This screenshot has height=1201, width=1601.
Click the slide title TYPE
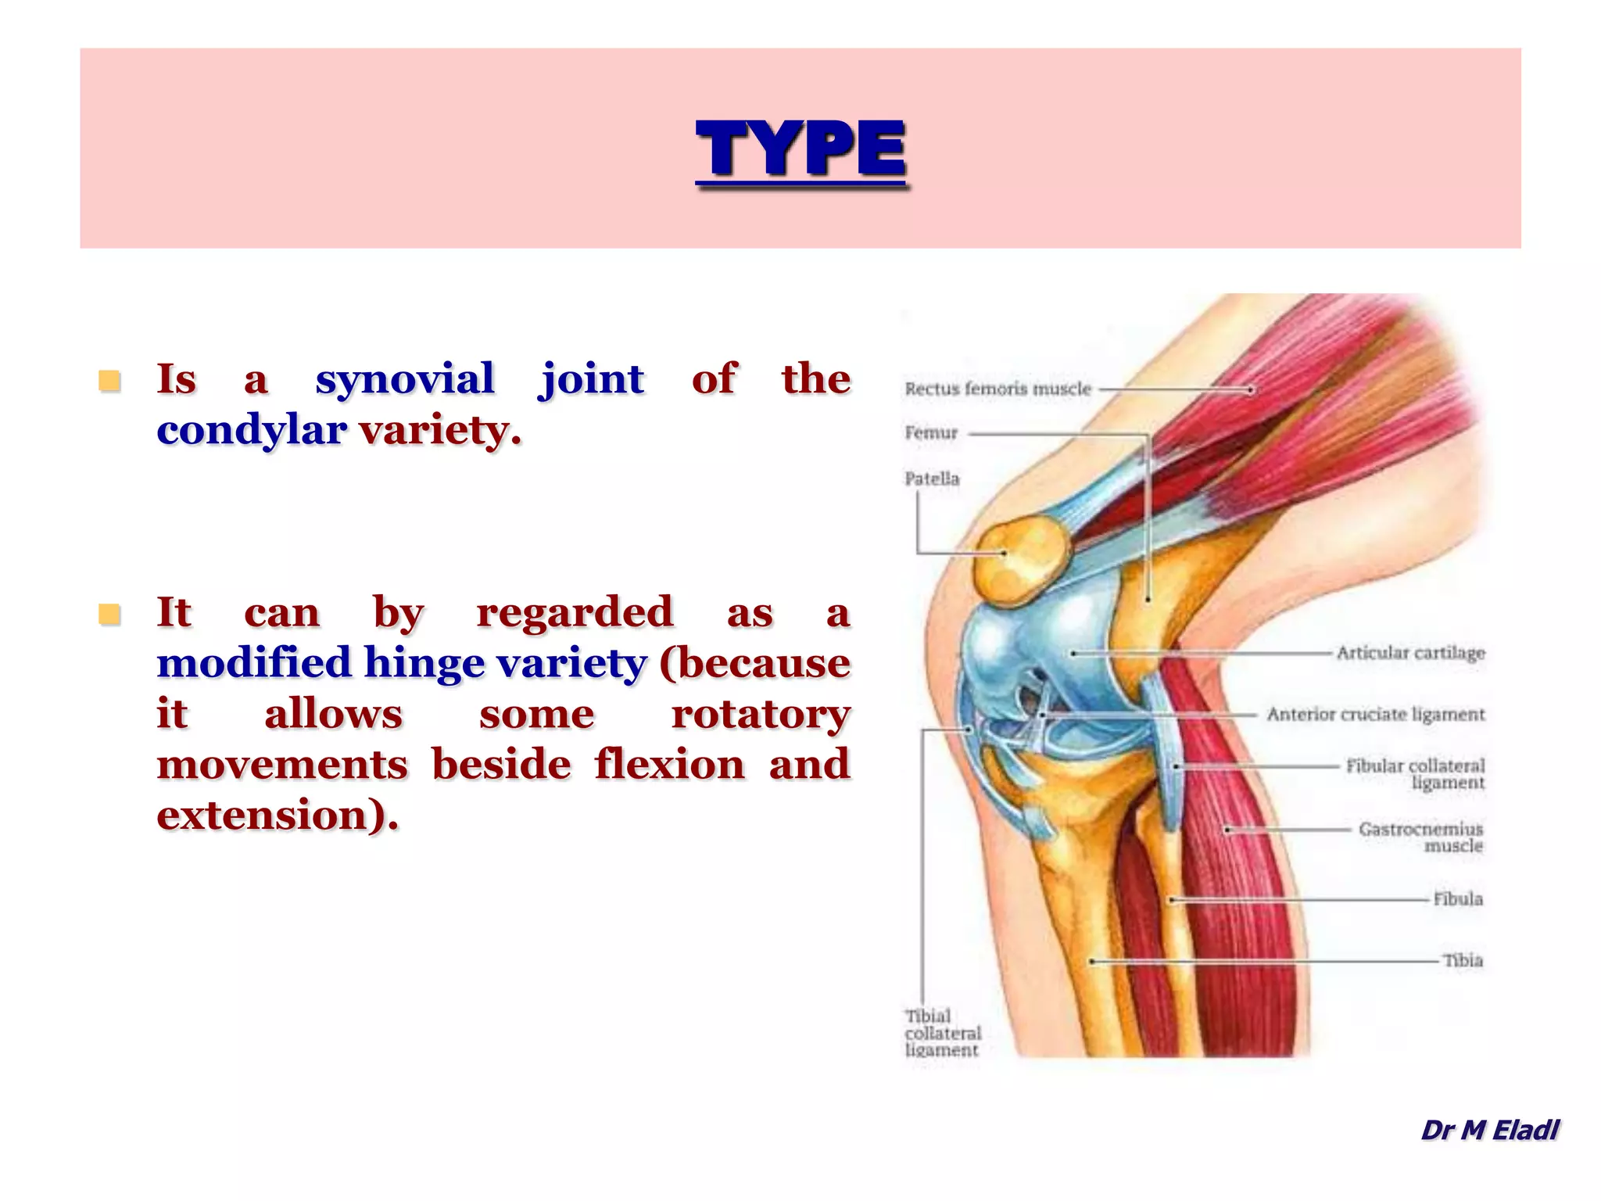click(x=800, y=149)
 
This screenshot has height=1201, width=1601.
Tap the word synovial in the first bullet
click(x=405, y=379)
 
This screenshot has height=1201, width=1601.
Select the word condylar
click(x=251, y=430)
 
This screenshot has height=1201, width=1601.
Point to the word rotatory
click(x=761, y=714)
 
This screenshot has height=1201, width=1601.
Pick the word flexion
click(x=669, y=765)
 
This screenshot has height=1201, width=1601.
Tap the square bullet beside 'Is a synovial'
click(x=109, y=381)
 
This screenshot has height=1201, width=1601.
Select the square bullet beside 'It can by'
click(x=109, y=615)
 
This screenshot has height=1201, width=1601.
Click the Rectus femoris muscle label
click(x=997, y=389)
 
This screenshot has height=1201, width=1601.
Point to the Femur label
click(x=931, y=432)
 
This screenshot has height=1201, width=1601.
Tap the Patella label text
click(x=932, y=479)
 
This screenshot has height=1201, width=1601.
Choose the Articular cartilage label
click(x=1410, y=653)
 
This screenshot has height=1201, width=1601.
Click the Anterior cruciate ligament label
click(x=1376, y=714)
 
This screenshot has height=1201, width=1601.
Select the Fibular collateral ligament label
click(x=1415, y=773)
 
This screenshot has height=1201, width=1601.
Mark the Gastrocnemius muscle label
click(x=1420, y=837)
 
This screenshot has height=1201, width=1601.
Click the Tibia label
click(x=1463, y=960)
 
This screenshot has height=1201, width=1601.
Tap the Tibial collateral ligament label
click(x=942, y=1033)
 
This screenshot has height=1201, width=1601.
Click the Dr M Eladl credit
click(x=1489, y=1130)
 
